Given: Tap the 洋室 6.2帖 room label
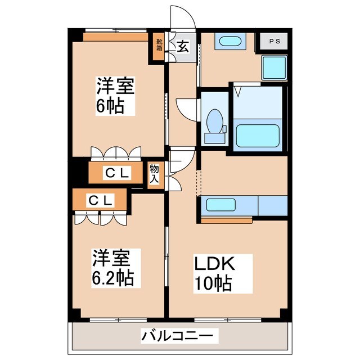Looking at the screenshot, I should tap(114, 268).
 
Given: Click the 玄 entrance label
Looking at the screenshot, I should tap(183, 47).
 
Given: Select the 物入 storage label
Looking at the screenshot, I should tap(154, 174).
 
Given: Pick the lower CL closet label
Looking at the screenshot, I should tap(101, 200).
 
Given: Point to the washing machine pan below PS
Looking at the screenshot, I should tap(275, 67).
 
